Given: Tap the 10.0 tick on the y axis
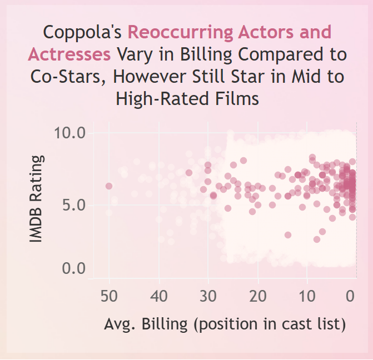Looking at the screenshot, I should click(69, 133).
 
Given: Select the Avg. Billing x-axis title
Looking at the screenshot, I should click(225, 324).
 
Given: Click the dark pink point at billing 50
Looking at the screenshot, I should click(109, 186).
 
